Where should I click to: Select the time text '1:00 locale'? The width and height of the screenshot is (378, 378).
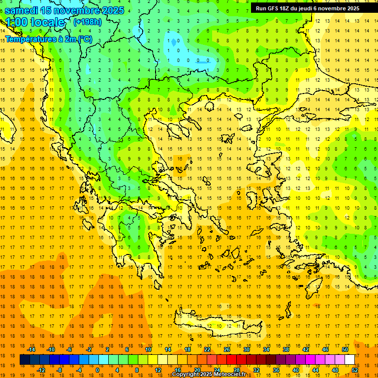pyautogui.click(x=35, y=22)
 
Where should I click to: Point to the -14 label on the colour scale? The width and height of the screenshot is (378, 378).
pyautogui.click(x=31, y=349)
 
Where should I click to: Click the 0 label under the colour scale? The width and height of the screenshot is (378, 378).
pyautogui.click(x=97, y=370)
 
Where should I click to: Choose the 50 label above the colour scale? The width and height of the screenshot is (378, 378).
pyautogui.click(x=345, y=349)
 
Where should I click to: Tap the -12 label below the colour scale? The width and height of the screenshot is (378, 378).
pyautogui.click(x=41, y=370)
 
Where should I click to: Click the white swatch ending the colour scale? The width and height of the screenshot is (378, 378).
pyautogui.click(x=349, y=360)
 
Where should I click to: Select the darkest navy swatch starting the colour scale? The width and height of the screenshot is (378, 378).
pyautogui.click(x=25, y=360)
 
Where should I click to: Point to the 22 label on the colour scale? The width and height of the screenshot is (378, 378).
pyautogui.click(x=207, y=349)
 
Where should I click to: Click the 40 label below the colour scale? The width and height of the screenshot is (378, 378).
pyautogui.click(x=295, y=370)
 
